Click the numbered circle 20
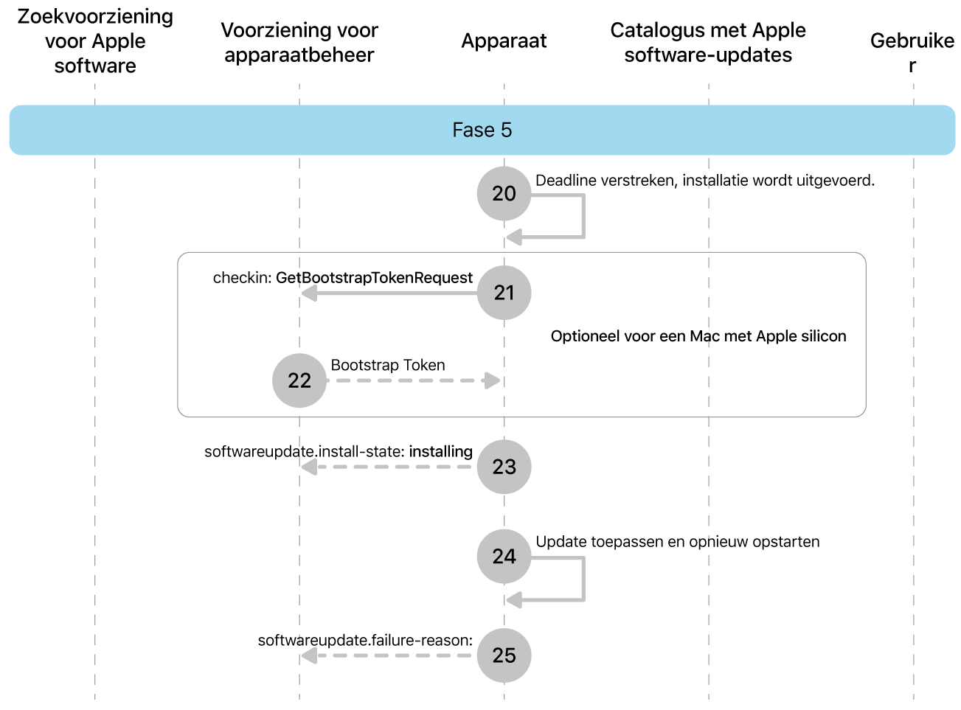click(x=504, y=193)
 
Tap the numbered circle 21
click(x=504, y=293)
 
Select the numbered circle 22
click(x=299, y=380)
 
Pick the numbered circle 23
click(x=504, y=467)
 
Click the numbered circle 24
click(x=504, y=556)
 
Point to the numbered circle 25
click(x=504, y=655)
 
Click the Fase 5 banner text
click(x=482, y=130)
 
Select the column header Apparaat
click(x=504, y=41)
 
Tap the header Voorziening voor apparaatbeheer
click(x=299, y=43)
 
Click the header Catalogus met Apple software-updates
click(x=708, y=43)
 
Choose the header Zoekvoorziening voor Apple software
click(x=95, y=41)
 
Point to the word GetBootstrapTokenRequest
click(x=374, y=278)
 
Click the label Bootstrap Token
click(x=387, y=365)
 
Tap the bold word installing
click(x=440, y=451)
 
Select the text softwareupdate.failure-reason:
click(x=365, y=640)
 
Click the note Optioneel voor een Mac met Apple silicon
click(x=698, y=336)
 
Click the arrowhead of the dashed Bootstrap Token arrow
click(x=492, y=380)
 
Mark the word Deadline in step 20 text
click(x=564, y=181)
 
